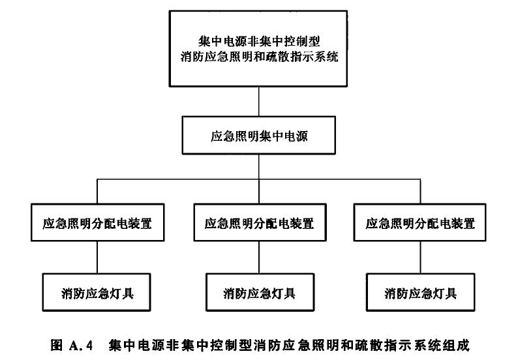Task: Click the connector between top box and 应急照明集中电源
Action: (258, 101)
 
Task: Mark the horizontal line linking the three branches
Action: (258, 179)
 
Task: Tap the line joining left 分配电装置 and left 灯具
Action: (97, 258)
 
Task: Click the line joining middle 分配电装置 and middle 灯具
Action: (258, 258)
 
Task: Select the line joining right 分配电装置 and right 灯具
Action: (420, 258)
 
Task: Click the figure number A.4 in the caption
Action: (82, 346)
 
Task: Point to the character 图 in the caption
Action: (57, 345)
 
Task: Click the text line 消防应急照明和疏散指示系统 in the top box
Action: (260, 57)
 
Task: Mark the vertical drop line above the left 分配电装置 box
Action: (97, 192)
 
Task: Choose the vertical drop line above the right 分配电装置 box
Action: (420, 192)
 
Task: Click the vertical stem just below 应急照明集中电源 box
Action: (258, 167)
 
